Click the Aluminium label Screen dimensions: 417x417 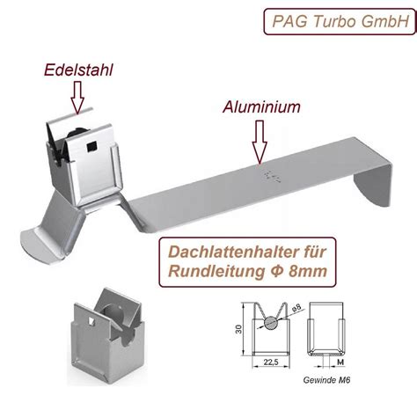point(262,107)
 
